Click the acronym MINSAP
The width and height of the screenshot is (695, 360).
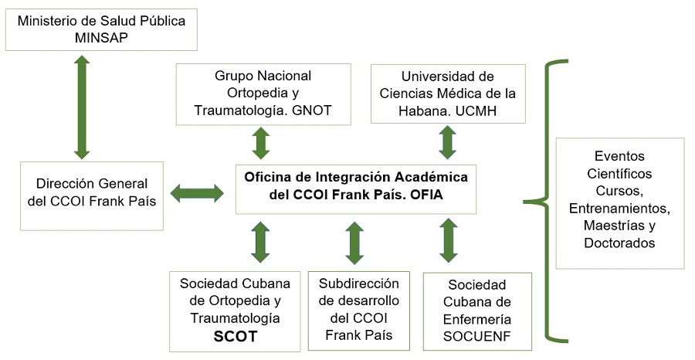point(101,38)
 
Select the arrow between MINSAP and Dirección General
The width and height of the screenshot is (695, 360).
point(82,107)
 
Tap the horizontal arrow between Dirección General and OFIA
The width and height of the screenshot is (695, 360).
point(197,193)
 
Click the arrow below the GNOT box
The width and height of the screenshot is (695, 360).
point(261,143)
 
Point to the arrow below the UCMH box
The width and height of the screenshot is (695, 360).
point(447,142)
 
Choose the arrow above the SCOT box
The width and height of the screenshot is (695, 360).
point(260,242)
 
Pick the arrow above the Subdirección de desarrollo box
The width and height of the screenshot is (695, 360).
point(354,243)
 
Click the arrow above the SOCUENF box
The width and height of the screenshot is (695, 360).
point(449,239)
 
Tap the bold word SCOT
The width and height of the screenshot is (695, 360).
point(235,337)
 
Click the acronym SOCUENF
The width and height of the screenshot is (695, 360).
point(477,337)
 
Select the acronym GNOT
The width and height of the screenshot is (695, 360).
point(312,110)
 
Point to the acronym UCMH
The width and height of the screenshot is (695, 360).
point(476,110)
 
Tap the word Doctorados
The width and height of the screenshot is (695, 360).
point(619,243)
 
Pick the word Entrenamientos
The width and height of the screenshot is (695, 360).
point(619,209)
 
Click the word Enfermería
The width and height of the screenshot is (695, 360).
point(477,319)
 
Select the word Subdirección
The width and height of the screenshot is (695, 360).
point(359,284)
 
